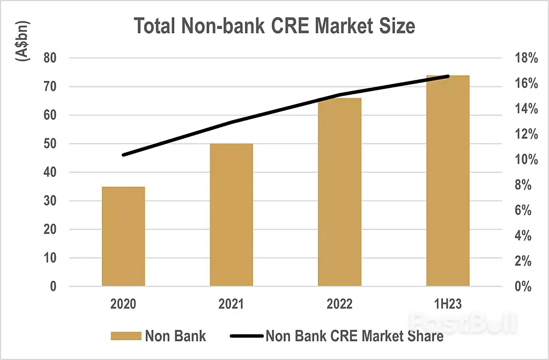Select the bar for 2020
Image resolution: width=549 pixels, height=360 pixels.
(123, 236)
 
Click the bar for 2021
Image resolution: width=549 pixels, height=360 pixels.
(231, 215)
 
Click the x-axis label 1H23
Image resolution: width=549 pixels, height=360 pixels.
(448, 304)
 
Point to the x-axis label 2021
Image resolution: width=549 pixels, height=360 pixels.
(231, 304)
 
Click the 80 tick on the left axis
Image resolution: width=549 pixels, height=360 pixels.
(49, 58)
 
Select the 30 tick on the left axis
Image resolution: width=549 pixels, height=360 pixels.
(49, 201)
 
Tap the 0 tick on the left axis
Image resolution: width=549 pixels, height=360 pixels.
(53, 287)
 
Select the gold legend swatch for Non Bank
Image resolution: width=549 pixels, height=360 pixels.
(125, 336)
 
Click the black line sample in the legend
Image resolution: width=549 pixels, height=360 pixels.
(247, 336)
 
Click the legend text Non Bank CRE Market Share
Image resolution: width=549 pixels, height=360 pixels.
(354, 336)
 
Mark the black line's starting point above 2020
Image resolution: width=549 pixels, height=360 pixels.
(124, 155)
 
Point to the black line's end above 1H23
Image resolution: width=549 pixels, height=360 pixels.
(448, 77)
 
